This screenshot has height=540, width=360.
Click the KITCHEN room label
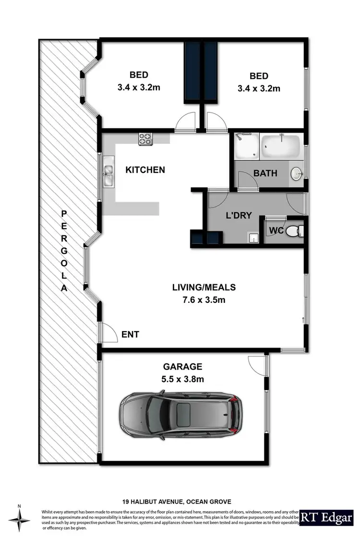[x=145, y=170]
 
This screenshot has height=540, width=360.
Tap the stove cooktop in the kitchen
[x=145, y=139]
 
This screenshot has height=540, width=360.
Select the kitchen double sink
[x=108, y=175]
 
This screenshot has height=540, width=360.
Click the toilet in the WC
[x=293, y=231]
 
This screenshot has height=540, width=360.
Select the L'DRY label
[x=239, y=216]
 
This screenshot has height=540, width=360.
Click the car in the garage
[x=181, y=414]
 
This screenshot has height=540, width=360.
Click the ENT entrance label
[x=130, y=335]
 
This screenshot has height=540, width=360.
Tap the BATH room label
[x=265, y=173]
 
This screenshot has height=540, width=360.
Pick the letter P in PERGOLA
[x=64, y=213]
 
